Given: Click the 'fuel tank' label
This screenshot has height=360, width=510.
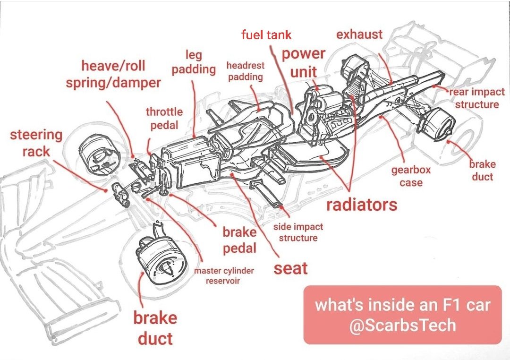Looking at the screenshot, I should (266, 35).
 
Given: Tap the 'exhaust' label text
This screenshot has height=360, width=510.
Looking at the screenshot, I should (359, 34).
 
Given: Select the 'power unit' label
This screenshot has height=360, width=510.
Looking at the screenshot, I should (304, 62).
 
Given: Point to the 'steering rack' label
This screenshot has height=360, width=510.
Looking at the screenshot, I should (36, 143).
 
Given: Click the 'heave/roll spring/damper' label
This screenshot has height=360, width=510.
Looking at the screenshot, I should (113, 74).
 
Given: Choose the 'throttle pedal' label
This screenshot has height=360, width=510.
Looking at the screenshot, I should (164, 118).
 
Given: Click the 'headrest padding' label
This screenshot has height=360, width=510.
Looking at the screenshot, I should (246, 71).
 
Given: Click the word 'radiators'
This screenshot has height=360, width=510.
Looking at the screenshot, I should (362, 205).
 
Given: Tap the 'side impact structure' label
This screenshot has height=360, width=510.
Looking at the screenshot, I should (298, 232).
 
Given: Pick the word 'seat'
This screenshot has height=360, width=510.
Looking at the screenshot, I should (290, 268).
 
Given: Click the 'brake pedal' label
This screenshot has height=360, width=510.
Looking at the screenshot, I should (239, 240).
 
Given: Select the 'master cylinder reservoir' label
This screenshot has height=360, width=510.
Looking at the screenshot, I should (223, 276).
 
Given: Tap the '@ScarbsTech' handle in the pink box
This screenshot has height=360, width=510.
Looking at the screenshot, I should (402, 325).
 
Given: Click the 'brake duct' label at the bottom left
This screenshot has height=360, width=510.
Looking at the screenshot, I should (155, 328).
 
